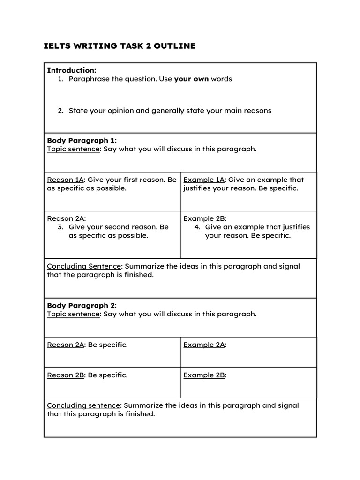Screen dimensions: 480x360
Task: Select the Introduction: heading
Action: point(71,70)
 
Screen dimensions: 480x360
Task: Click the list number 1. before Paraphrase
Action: point(60,79)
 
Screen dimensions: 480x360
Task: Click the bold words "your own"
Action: point(191,79)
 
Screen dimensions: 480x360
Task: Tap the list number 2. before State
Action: point(60,111)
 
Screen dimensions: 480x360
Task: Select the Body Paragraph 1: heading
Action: point(82,140)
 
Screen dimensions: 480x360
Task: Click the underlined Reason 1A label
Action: point(65,180)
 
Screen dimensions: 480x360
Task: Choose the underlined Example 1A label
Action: point(204,180)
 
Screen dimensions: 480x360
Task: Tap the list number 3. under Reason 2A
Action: point(60,227)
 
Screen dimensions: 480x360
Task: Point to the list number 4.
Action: point(197,227)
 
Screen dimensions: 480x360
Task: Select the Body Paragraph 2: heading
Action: point(82,305)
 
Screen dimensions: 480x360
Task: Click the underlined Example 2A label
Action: point(204,345)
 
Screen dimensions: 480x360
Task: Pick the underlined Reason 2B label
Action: point(65,375)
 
